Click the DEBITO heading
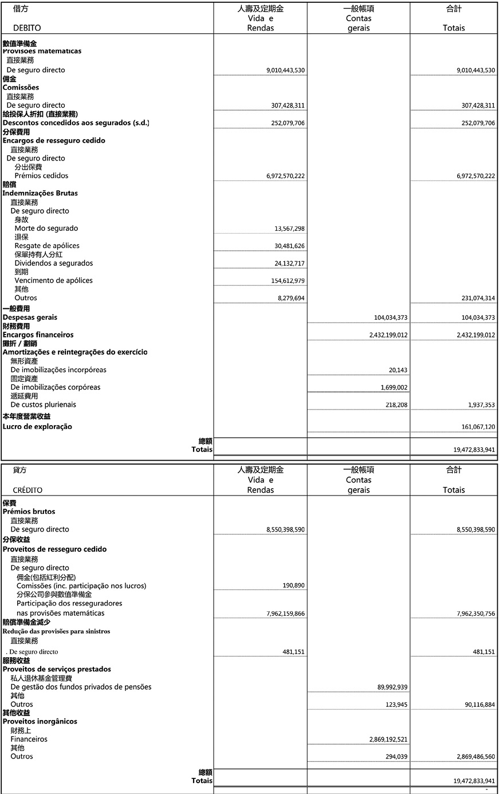click(27, 28)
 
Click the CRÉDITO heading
click(27, 490)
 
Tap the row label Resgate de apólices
click(47, 246)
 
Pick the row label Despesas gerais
click(30, 317)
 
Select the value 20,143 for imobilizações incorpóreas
click(398, 370)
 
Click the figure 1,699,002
click(394, 388)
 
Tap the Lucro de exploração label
click(37, 427)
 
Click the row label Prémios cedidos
click(41, 176)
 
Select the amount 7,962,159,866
click(285, 614)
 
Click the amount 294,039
click(396, 757)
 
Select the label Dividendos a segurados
click(54, 264)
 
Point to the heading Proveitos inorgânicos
click(40, 722)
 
